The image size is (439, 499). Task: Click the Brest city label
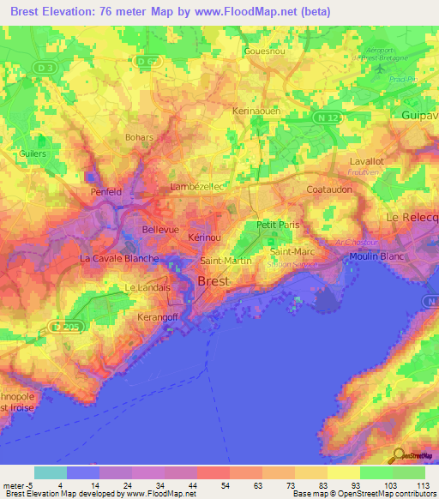(x=213, y=280)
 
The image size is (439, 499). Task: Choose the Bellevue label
(x=159, y=231)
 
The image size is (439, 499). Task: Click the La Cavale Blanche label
(x=119, y=258)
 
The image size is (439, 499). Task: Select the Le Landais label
(x=148, y=288)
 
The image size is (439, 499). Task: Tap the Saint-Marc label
(x=292, y=252)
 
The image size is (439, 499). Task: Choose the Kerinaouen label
(x=258, y=111)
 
